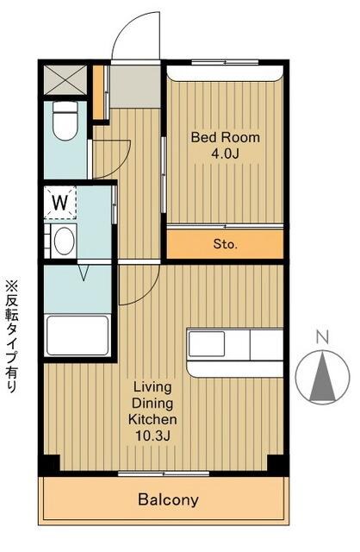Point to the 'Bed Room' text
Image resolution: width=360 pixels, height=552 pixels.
point(224,137)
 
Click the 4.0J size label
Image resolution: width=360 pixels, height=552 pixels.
point(224,154)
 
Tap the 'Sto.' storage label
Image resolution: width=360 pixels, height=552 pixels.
point(225,244)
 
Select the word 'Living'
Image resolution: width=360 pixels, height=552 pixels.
point(153,387)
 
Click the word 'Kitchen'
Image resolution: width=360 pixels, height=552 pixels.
point(153,418)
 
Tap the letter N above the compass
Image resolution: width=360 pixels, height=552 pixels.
point(320,336)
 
